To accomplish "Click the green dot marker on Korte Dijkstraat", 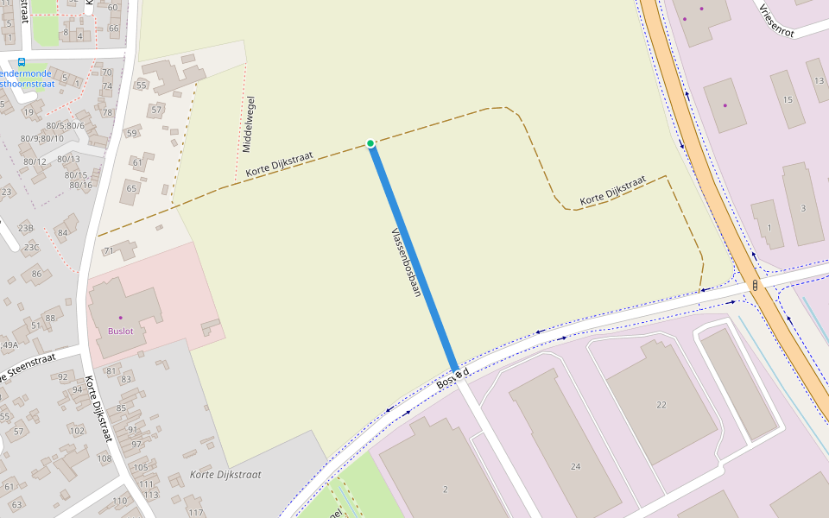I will tap(370, 143).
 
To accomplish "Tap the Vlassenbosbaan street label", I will tap(405, 262).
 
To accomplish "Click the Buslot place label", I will tap(121, 331).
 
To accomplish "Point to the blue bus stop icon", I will tap(22, 62).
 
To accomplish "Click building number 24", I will tap(576, 466).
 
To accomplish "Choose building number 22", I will tap(661, 404).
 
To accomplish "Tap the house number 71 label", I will tap(109, 250).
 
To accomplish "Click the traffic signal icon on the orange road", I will tap(756, 284).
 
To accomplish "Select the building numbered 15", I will tap(787, 100).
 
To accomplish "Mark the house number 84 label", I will tap(62, 232).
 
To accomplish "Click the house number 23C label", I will tap(31, 247).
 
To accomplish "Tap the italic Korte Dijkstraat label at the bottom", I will tap(225, 474).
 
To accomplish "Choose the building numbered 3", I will tap(803, 208).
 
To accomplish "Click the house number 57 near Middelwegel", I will tap(156, 110).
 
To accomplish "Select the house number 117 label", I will tap(196, 512).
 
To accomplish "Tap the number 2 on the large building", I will tap(446, 489).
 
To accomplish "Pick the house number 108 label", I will tap(104, 458).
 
